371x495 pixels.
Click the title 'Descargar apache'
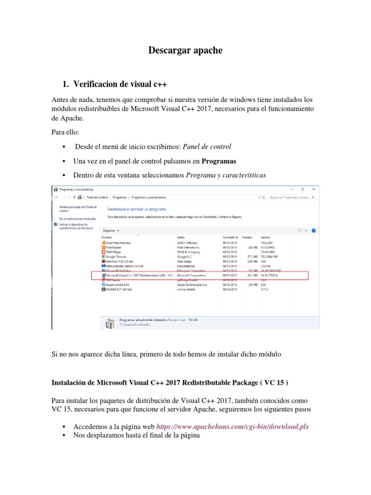click(x=185, y=50)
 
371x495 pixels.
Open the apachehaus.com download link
click(x=232, y=427)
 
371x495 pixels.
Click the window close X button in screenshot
click(x=314, y=189)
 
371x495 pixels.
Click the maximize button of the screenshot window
click(x=302, y=189)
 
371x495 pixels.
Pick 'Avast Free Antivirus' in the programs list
click(x=118, y=243)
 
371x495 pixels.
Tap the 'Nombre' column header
click(x=106, y=237)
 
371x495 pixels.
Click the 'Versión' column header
click(x=265, y=237)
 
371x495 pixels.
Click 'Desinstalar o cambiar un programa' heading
click(x=136, y=209)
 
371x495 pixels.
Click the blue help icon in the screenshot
click(x=314, y=231)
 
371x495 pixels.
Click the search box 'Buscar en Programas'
click(x=290, y=197)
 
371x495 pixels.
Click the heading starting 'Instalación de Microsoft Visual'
click(x=170, y=383)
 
